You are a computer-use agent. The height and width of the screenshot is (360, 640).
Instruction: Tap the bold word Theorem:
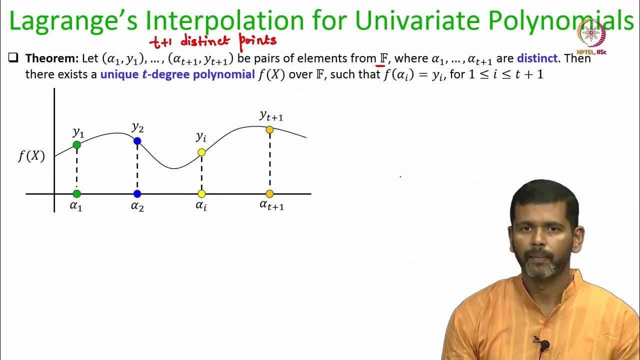click(x=51, y=58)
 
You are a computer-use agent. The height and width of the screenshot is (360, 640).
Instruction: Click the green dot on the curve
click(x=76, y=144)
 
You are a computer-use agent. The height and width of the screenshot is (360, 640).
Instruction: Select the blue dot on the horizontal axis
click(x=137, y=193)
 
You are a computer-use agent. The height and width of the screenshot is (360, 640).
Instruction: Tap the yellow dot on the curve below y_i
click(x=201, y=152)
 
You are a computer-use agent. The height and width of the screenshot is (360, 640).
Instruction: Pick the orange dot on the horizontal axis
click(x=269, y=193)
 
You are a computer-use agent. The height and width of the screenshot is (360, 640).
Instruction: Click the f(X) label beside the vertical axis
click(x=31, y=156)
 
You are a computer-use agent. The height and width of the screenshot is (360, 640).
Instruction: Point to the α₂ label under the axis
click(x=137, y=206)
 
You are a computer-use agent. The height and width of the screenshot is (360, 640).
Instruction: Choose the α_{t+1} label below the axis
click(x=271, y=204)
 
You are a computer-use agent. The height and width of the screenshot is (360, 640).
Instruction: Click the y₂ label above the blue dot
click(x=137, y=127)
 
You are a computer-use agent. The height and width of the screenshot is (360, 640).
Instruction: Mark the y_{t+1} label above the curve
click(x=271, y=116)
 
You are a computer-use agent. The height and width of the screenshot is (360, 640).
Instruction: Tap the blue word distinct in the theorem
click(x=537, y=58)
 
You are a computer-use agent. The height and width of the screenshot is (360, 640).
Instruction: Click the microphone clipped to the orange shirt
click(x=543, y=344)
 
